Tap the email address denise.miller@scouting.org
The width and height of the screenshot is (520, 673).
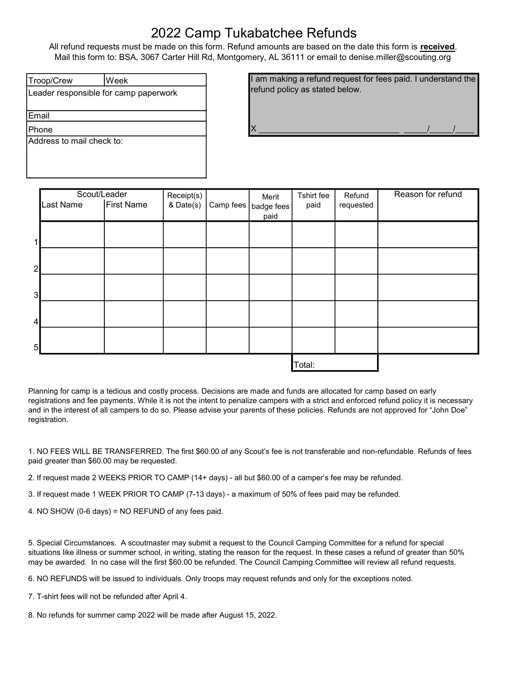click(x=399, y=57)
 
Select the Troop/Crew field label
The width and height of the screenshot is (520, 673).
click(x=50, y=81)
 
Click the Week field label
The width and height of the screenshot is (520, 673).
click(x=117, y=81)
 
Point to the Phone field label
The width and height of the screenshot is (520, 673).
click(x=40, y=130)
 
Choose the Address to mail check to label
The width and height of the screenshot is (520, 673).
click(x=76, y=141)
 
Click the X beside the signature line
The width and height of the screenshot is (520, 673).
click(x=253, y=129)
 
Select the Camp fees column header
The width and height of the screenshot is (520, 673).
click(x=227, y=205)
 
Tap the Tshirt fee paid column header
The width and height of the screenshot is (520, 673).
click(x=313, y=200)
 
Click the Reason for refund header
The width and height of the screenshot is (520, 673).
click(x=428, y=194)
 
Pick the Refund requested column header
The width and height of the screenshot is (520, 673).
click(x=356, y=200)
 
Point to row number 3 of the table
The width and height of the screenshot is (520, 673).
click(x=36, y=295)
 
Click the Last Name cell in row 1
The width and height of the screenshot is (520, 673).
click(x=72, y=234)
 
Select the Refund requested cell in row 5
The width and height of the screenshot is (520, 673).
click(x=356, y=340)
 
